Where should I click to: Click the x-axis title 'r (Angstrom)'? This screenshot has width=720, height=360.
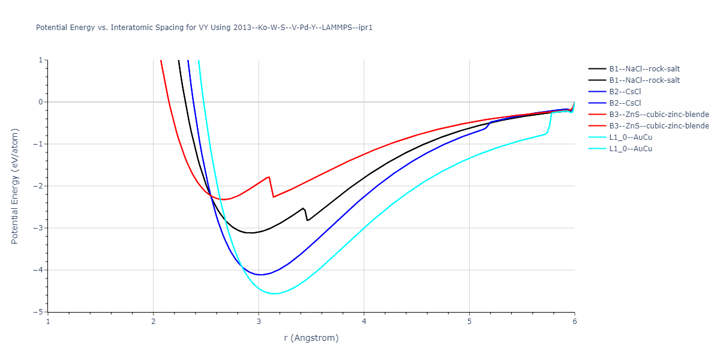click(x=311, y=338)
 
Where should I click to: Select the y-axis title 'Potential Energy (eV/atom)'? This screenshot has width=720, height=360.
click(x=15, y=186)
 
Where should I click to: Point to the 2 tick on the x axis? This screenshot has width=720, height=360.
click(x=153, y=321)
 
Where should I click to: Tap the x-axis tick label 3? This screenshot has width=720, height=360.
click(x=259, y=321)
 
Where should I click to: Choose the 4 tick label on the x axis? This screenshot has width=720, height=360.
click(x=364, y=321)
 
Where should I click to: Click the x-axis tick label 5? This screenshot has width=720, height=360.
click(x=469, y=321)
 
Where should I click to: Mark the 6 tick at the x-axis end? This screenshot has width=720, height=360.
click(x=574, y=321)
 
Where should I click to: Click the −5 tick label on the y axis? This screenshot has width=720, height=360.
click(x=39, y=312)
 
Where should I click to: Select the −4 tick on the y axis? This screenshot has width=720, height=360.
click(x=39, y=270)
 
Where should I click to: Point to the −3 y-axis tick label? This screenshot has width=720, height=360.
click(x=39, y=228)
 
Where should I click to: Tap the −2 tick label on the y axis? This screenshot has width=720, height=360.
click(x=39, y=186)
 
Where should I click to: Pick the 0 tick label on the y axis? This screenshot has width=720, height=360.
click(x=41, y=102)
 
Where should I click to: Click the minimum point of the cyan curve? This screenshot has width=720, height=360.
click(x=274, y=293)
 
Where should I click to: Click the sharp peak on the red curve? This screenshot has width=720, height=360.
click(x=269, y=176)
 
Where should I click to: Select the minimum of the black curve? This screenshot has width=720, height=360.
click(x=251, y=233)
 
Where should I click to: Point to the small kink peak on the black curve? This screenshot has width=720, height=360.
click(x=304, y=208)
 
